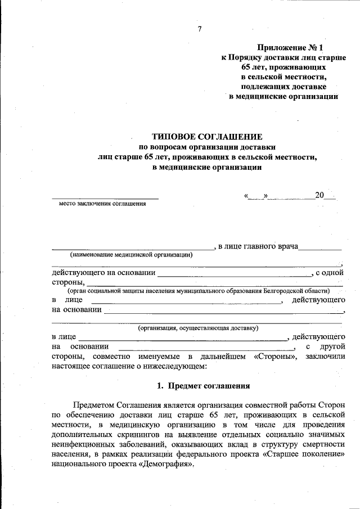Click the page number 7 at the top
click(x=199, y=29)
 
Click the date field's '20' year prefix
click(x=319, y=196)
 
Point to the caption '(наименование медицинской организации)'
click(x=131, y=254)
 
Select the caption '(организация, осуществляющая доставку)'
click(x=198, y=327)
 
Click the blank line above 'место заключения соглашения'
click(x=105, y=197)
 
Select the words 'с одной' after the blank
click(x=330, y=273)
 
